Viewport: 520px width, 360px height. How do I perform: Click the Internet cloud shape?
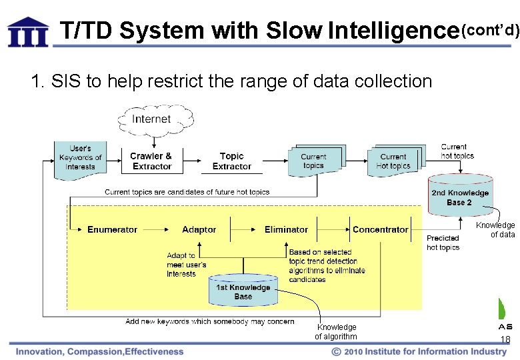[152, 119]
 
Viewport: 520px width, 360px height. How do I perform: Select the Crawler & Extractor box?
[151, 161]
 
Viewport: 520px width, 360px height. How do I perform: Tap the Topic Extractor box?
[231, 161]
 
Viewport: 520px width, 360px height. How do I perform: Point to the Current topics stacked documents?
[314, 161]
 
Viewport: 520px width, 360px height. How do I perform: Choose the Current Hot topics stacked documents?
[395, 161]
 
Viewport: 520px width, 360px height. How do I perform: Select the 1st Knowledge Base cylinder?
[243, 291]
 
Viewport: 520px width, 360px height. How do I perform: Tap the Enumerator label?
[112, 229]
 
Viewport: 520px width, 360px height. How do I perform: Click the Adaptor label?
[199, 229]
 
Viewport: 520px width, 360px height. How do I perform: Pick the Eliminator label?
[286, 229]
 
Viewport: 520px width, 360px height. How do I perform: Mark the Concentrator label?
[380, 229]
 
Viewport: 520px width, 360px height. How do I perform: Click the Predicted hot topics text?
[443, 243]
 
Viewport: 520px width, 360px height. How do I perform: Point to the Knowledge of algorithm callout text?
[336, 331]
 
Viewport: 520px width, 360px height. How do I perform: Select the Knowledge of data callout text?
[495, 229]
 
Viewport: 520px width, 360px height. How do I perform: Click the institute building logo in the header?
[28, 32]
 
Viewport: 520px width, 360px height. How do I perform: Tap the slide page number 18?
[505, 340]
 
